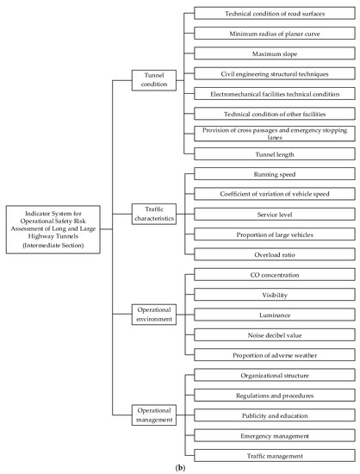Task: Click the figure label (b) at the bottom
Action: [x=180, y=468]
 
